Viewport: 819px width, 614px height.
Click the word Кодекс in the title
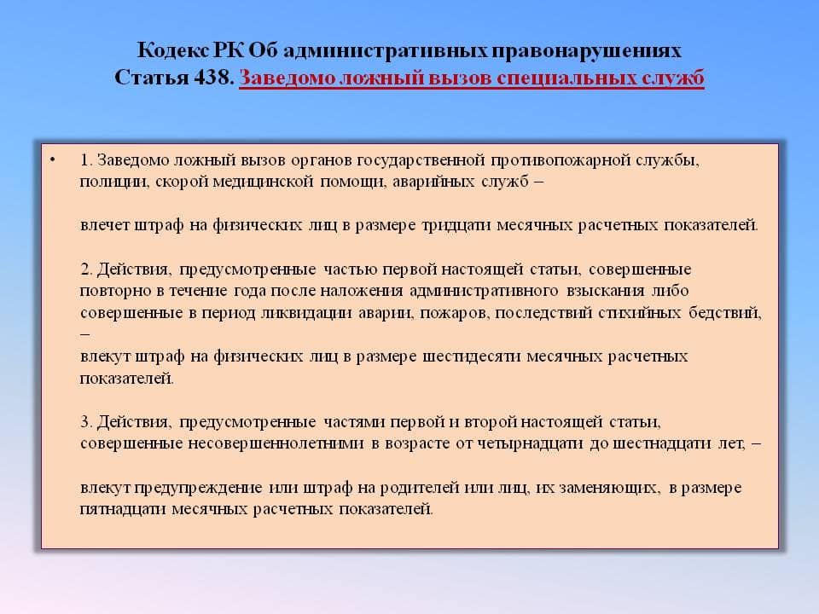(x=173, y=50)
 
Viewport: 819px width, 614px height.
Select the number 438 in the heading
(x=213, y=78)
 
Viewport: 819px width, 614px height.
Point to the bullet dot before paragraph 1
(x=52, y=159)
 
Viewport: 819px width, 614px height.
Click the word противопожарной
(x=561, y=160)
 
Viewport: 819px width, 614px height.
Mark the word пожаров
(x=455, y=313)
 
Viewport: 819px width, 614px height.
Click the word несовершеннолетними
(x=276, y=443)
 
